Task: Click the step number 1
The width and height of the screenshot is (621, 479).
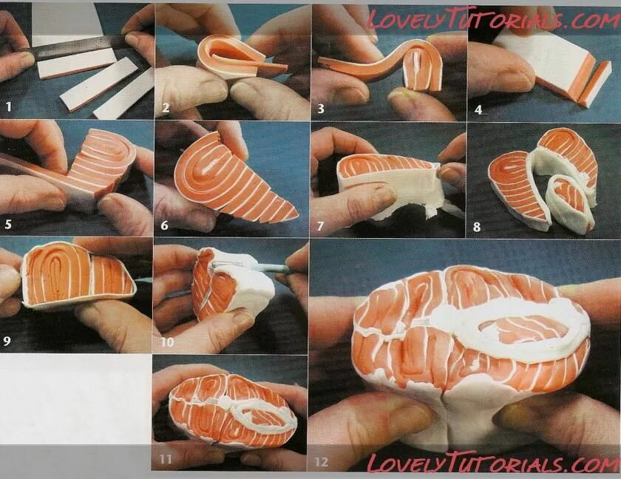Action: [9, 107]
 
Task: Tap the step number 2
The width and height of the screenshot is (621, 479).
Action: [166, 108]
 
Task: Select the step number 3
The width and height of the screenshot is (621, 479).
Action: [320, 108]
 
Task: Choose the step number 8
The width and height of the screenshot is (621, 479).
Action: [477, 227]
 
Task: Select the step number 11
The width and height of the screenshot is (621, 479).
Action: [166, 460]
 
